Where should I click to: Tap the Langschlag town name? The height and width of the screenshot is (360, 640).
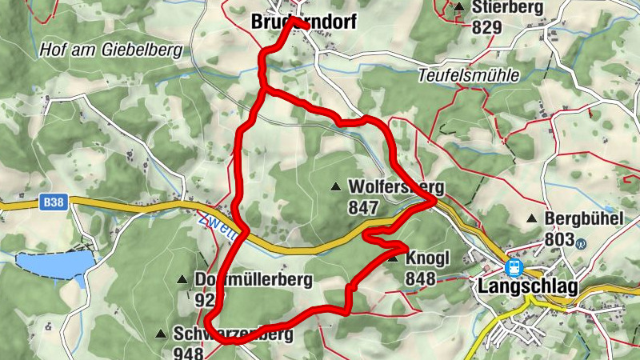coord(527,286)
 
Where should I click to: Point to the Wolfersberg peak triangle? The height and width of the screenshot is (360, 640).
coord(335,187)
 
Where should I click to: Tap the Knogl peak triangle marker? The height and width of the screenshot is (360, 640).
coord(393,258)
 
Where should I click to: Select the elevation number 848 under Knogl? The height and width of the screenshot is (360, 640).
coord(420,278)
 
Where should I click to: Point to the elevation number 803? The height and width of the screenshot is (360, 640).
coord(559,238)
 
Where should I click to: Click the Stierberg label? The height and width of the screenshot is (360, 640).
coord(507,8)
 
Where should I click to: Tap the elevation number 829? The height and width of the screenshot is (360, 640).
coord(486,27)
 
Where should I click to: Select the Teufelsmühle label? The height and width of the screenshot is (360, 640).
coord(469,76)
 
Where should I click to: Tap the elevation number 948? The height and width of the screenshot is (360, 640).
coord(189,353)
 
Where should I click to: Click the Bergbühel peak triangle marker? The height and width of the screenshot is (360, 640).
coord(532,218)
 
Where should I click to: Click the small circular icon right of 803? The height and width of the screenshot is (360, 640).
coord(582,244)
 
